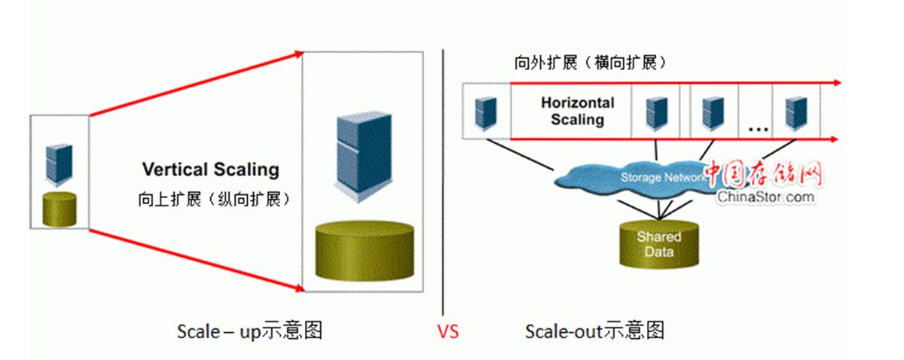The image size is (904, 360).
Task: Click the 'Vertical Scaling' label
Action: coord(210,169)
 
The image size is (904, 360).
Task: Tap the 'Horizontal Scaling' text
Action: coord(578,111)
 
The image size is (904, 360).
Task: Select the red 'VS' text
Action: coord(448,331)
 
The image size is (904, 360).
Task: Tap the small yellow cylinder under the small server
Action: coord(59,208)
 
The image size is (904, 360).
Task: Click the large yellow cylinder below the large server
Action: coord(365,251)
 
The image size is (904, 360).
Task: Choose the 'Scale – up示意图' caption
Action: coord(249,331)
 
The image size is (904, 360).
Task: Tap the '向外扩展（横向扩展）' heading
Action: coord(591,64)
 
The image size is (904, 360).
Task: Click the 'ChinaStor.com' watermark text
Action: coord(765,197)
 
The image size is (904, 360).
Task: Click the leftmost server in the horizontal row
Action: coord(484,111)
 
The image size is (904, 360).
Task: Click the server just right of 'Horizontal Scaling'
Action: coord(654,111)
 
